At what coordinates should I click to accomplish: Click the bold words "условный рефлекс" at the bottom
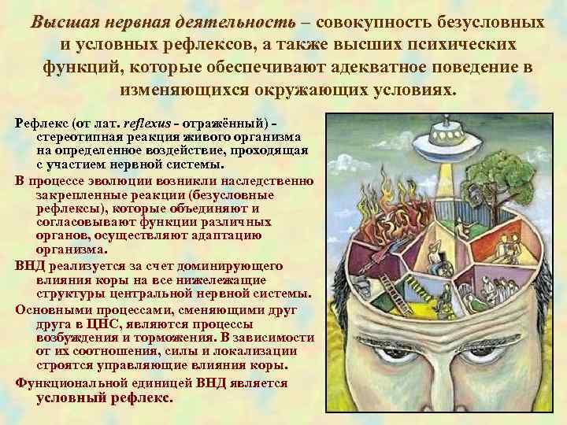tap(104, 397)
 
